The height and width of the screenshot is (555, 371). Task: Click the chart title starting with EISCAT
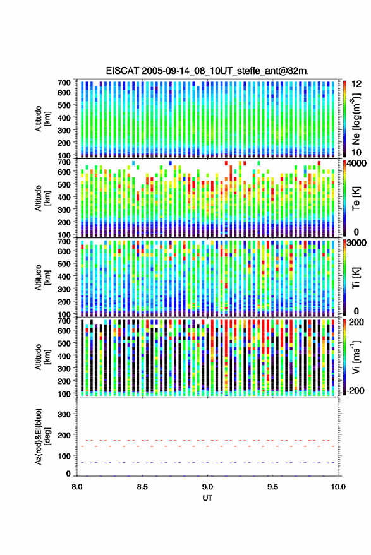(207, 71)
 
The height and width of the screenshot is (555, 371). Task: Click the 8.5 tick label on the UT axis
(142, 487)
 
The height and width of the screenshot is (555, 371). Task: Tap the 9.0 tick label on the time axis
(207, 487)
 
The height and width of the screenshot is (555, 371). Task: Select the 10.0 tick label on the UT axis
(338, 487)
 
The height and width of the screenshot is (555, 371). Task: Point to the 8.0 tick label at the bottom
(77, 487)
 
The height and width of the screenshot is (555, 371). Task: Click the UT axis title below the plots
(207, 498)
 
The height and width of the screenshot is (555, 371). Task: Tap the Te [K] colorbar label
(356, 198)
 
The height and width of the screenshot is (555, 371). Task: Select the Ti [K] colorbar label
(356, 278)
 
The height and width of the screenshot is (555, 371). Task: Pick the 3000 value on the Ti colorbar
(356, 243)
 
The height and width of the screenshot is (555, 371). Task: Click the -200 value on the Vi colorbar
(355, 390)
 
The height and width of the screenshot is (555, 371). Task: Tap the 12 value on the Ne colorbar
(356, 84)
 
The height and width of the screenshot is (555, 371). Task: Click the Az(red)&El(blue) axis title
(42, 436)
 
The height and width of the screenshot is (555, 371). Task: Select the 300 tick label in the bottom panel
(64, 414)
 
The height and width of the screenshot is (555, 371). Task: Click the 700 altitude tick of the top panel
(64, 83)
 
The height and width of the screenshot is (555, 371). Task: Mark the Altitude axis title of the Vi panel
(42, 357)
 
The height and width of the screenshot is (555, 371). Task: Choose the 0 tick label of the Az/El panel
(68, 474)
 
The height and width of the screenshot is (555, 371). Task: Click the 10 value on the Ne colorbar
(356, 153)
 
